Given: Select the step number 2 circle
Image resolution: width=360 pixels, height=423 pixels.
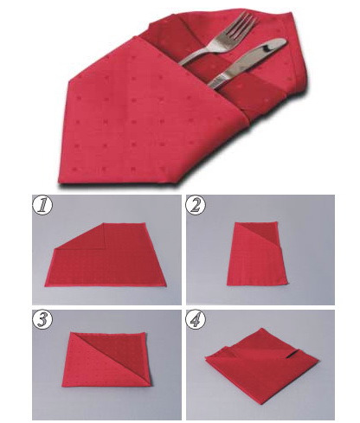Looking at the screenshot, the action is (196, 205).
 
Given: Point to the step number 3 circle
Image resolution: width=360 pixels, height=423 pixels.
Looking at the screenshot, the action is (42, 320).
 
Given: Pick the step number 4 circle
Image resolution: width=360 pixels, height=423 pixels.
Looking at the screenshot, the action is (196, 320).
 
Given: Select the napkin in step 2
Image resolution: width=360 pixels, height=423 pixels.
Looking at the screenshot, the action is (257, 253).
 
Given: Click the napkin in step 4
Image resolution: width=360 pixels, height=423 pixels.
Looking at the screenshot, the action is (261, 366).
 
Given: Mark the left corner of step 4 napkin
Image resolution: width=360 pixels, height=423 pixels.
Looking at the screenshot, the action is (205, 357).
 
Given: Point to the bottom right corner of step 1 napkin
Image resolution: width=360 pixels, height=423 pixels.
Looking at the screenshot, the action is (166, 285).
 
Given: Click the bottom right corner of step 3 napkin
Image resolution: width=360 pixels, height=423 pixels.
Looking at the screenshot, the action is (151, 385).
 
